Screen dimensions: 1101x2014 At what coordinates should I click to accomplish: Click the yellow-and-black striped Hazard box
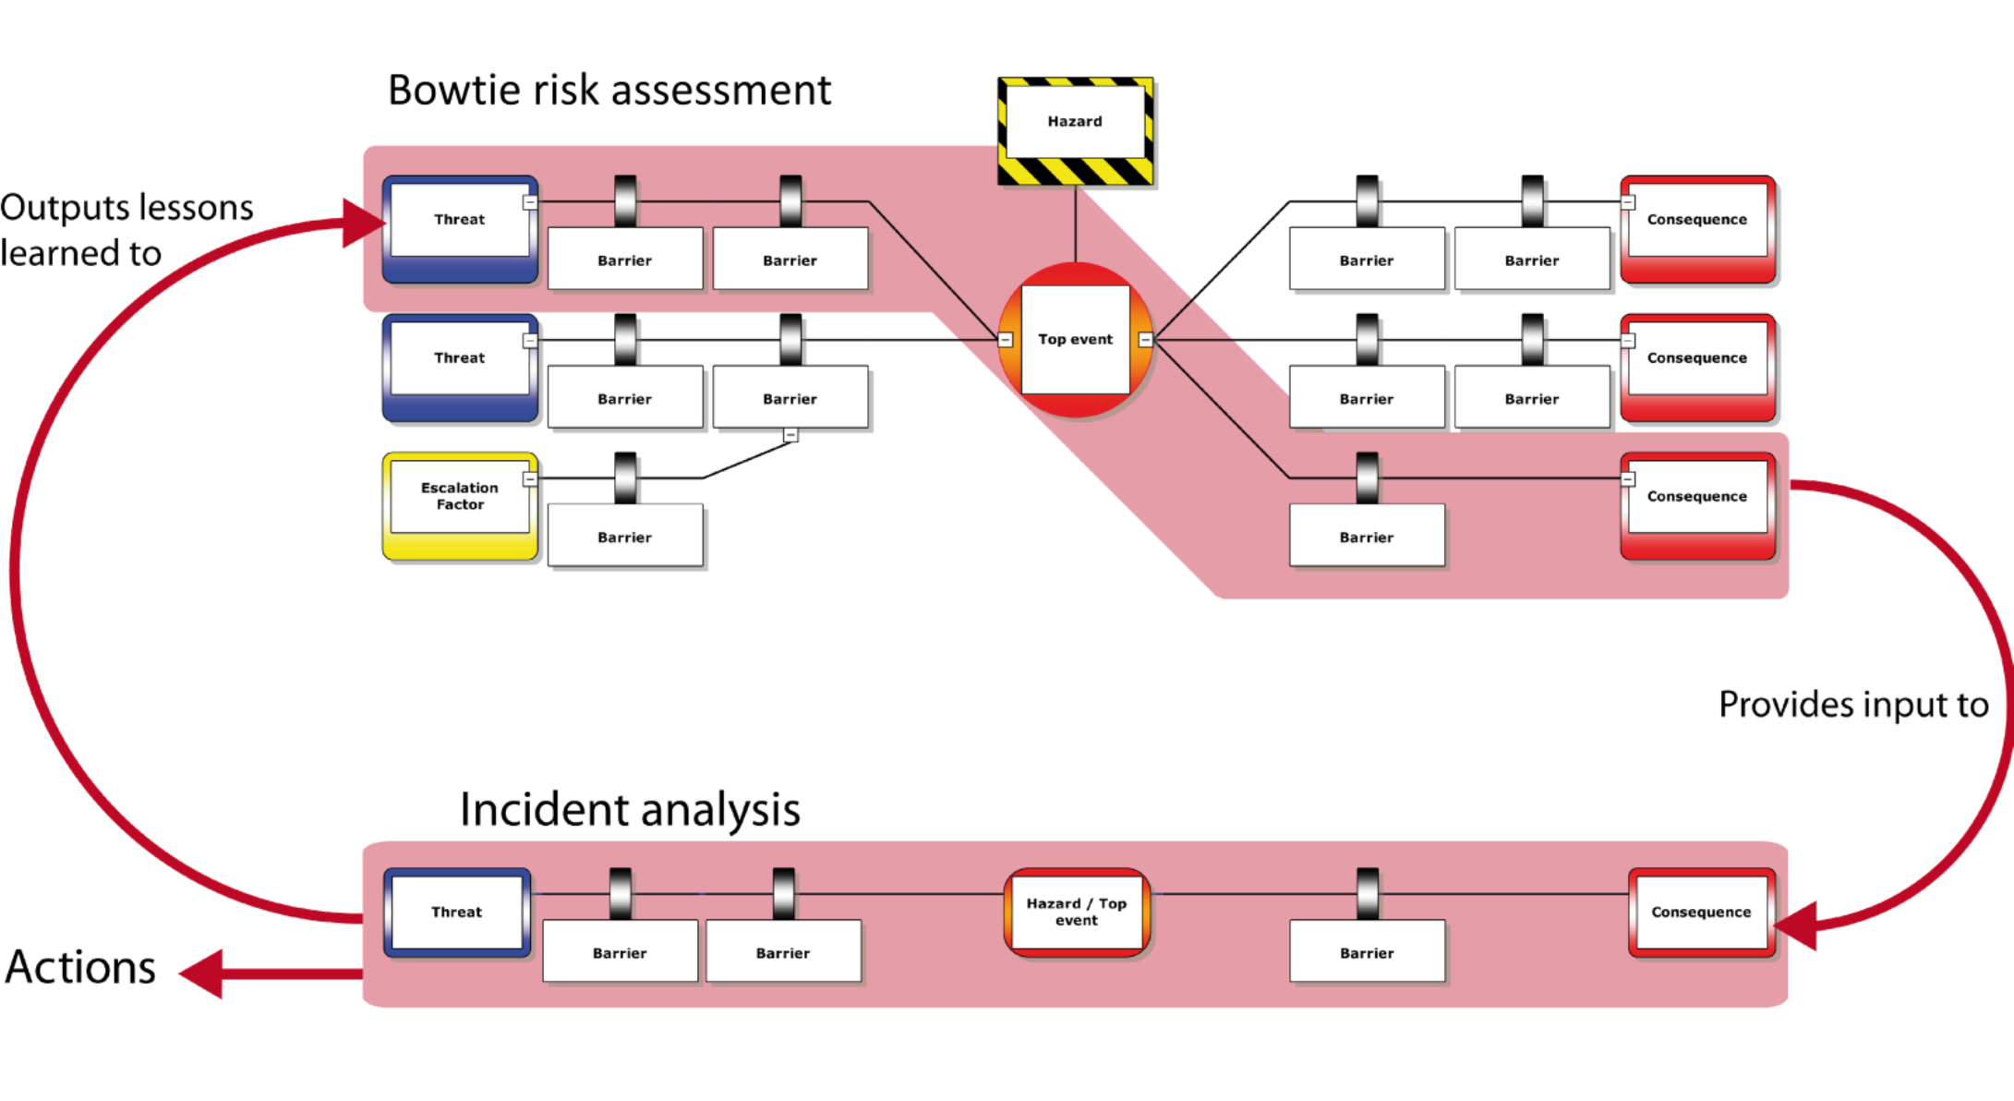coord(1076,130)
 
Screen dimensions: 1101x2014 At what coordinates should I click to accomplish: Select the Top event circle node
coord(1076,339)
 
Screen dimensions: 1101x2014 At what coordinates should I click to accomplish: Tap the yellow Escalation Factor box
coord(460,504)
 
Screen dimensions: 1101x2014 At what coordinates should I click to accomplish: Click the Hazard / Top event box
coord(1077,912)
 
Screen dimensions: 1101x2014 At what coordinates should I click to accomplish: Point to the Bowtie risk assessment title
coord(609,91)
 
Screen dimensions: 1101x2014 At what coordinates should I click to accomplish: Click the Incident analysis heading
coord(630,810)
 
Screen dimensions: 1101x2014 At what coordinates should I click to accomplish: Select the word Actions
coord(80,968)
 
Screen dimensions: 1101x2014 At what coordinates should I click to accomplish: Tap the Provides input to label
coord(1852,705)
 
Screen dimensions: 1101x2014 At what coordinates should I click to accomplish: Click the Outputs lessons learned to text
coord(127,229)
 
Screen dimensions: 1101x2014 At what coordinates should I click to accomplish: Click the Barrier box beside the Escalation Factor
coord(625,536)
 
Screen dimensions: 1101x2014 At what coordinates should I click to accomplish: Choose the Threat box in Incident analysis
coord(457,912)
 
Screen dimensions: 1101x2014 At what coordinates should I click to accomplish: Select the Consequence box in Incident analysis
coord(1701,912)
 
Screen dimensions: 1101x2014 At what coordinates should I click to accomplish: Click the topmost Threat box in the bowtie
coord(460,227)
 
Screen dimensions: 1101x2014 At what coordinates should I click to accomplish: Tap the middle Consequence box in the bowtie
coord(1697,366)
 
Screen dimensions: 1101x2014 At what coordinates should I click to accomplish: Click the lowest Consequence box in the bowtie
coord(1697,504)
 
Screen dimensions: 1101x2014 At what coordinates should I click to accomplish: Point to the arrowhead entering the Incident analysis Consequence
coord(1796,925)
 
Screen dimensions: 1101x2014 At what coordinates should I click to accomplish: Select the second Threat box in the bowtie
coord(460,366)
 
